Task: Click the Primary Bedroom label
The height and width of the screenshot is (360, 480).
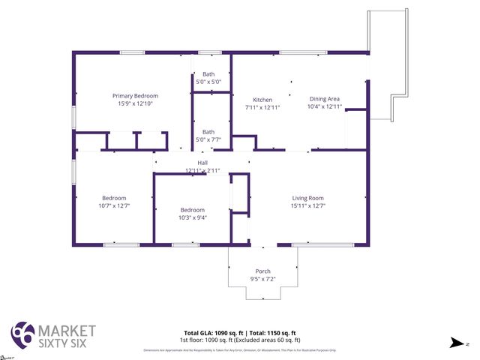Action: point(135,96)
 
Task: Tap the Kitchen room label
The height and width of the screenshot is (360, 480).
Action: point(262,100)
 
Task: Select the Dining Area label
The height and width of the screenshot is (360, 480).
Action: point(325,99)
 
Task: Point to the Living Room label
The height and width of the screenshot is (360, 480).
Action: point(307,198)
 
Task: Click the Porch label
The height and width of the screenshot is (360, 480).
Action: point(262,271)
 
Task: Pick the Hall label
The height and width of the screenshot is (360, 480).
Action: point(202,163)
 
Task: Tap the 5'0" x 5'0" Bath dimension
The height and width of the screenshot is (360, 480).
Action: point(208,81)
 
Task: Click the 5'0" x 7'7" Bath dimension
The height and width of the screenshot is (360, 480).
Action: point(208,139)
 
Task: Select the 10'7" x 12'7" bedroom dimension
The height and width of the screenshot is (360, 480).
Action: point(114,205)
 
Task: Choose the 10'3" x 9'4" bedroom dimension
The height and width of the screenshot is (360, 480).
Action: point(193,217)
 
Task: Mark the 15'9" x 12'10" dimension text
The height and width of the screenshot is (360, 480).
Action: point(135,103)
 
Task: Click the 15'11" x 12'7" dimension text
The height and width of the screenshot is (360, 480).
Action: point(307,205)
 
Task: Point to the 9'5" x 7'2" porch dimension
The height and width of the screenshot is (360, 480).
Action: point(262,279)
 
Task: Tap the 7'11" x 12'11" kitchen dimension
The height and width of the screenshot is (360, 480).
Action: point(262,107)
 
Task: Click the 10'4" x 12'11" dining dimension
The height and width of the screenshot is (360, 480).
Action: point(325,107)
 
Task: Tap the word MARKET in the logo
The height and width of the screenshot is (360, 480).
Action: point(67,330)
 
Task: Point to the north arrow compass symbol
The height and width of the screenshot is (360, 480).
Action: point(454,342)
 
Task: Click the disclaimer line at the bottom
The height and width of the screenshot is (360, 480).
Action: point(239,350)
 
